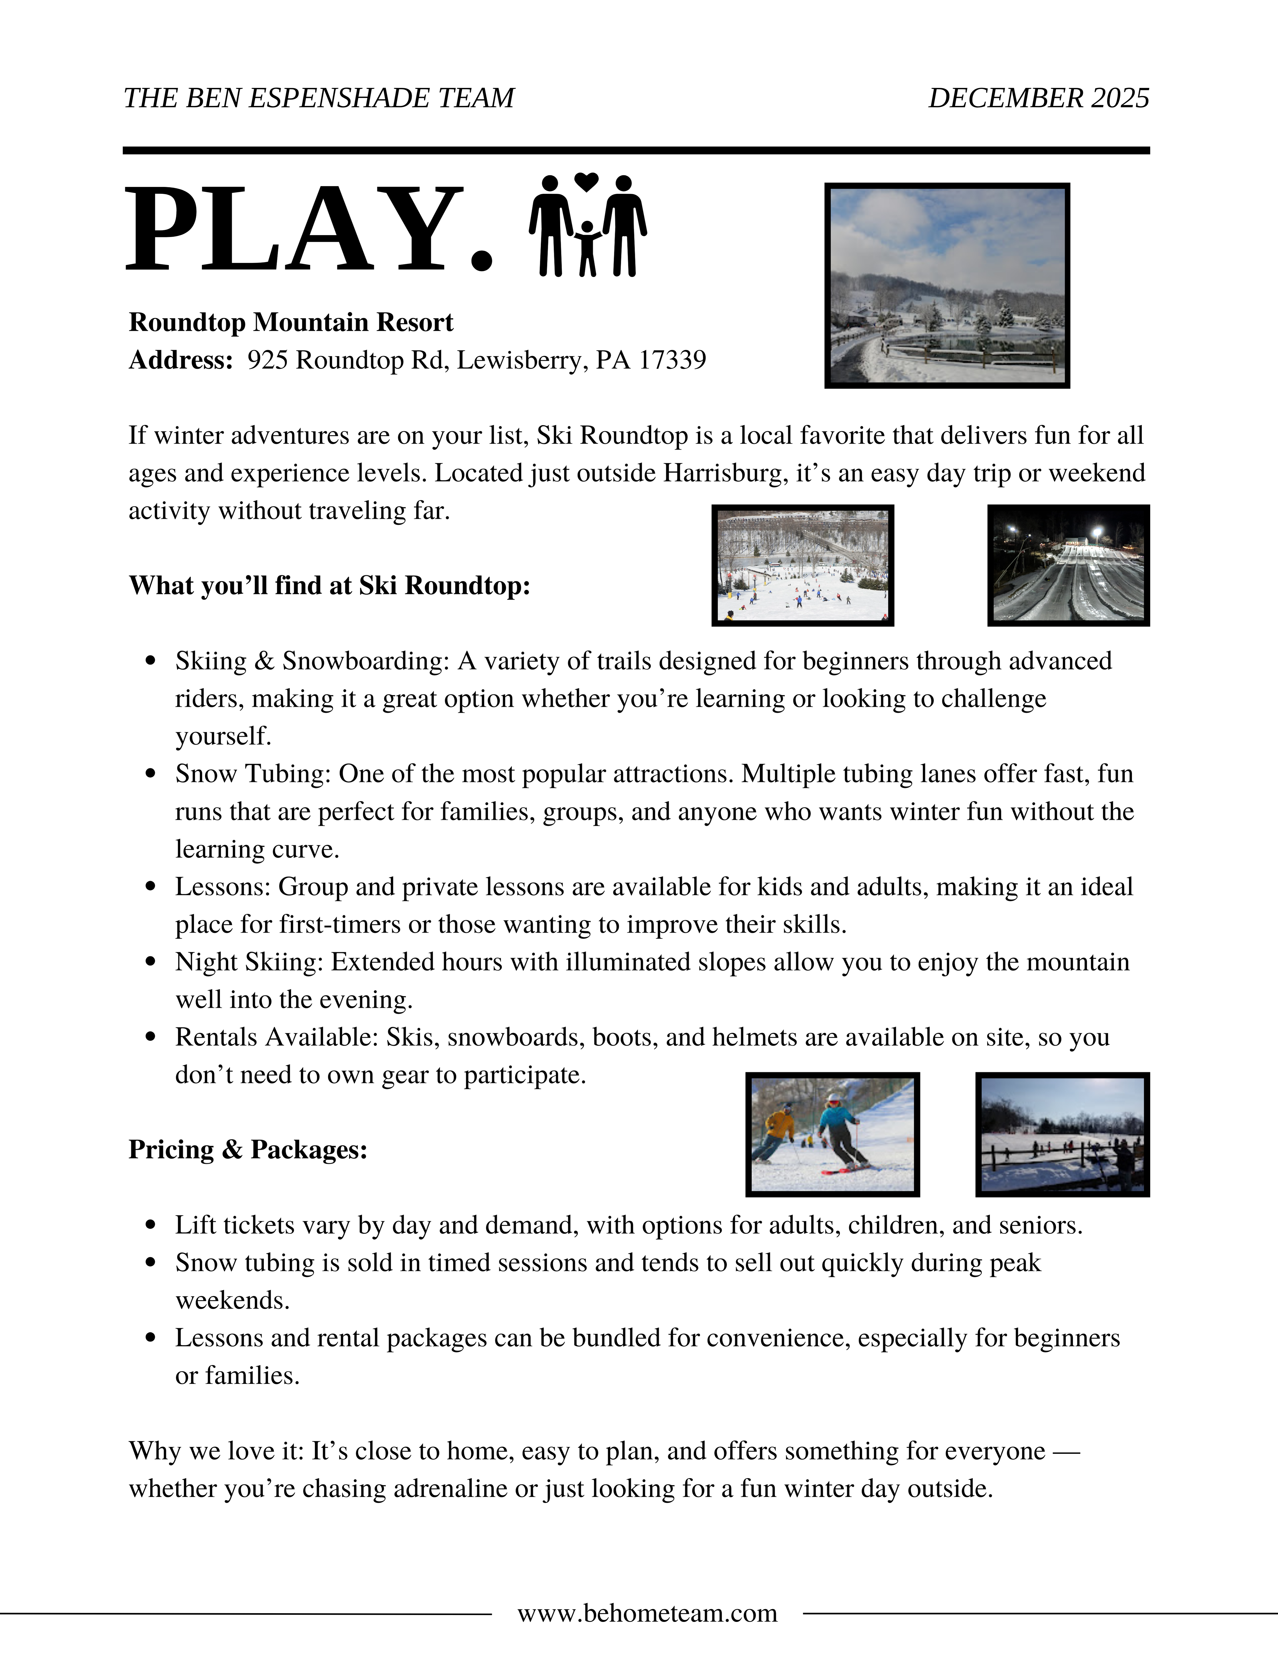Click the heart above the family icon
586,182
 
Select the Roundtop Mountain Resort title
291,322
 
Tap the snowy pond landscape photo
947,286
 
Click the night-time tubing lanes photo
1068,565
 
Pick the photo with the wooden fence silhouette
1062,1134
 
